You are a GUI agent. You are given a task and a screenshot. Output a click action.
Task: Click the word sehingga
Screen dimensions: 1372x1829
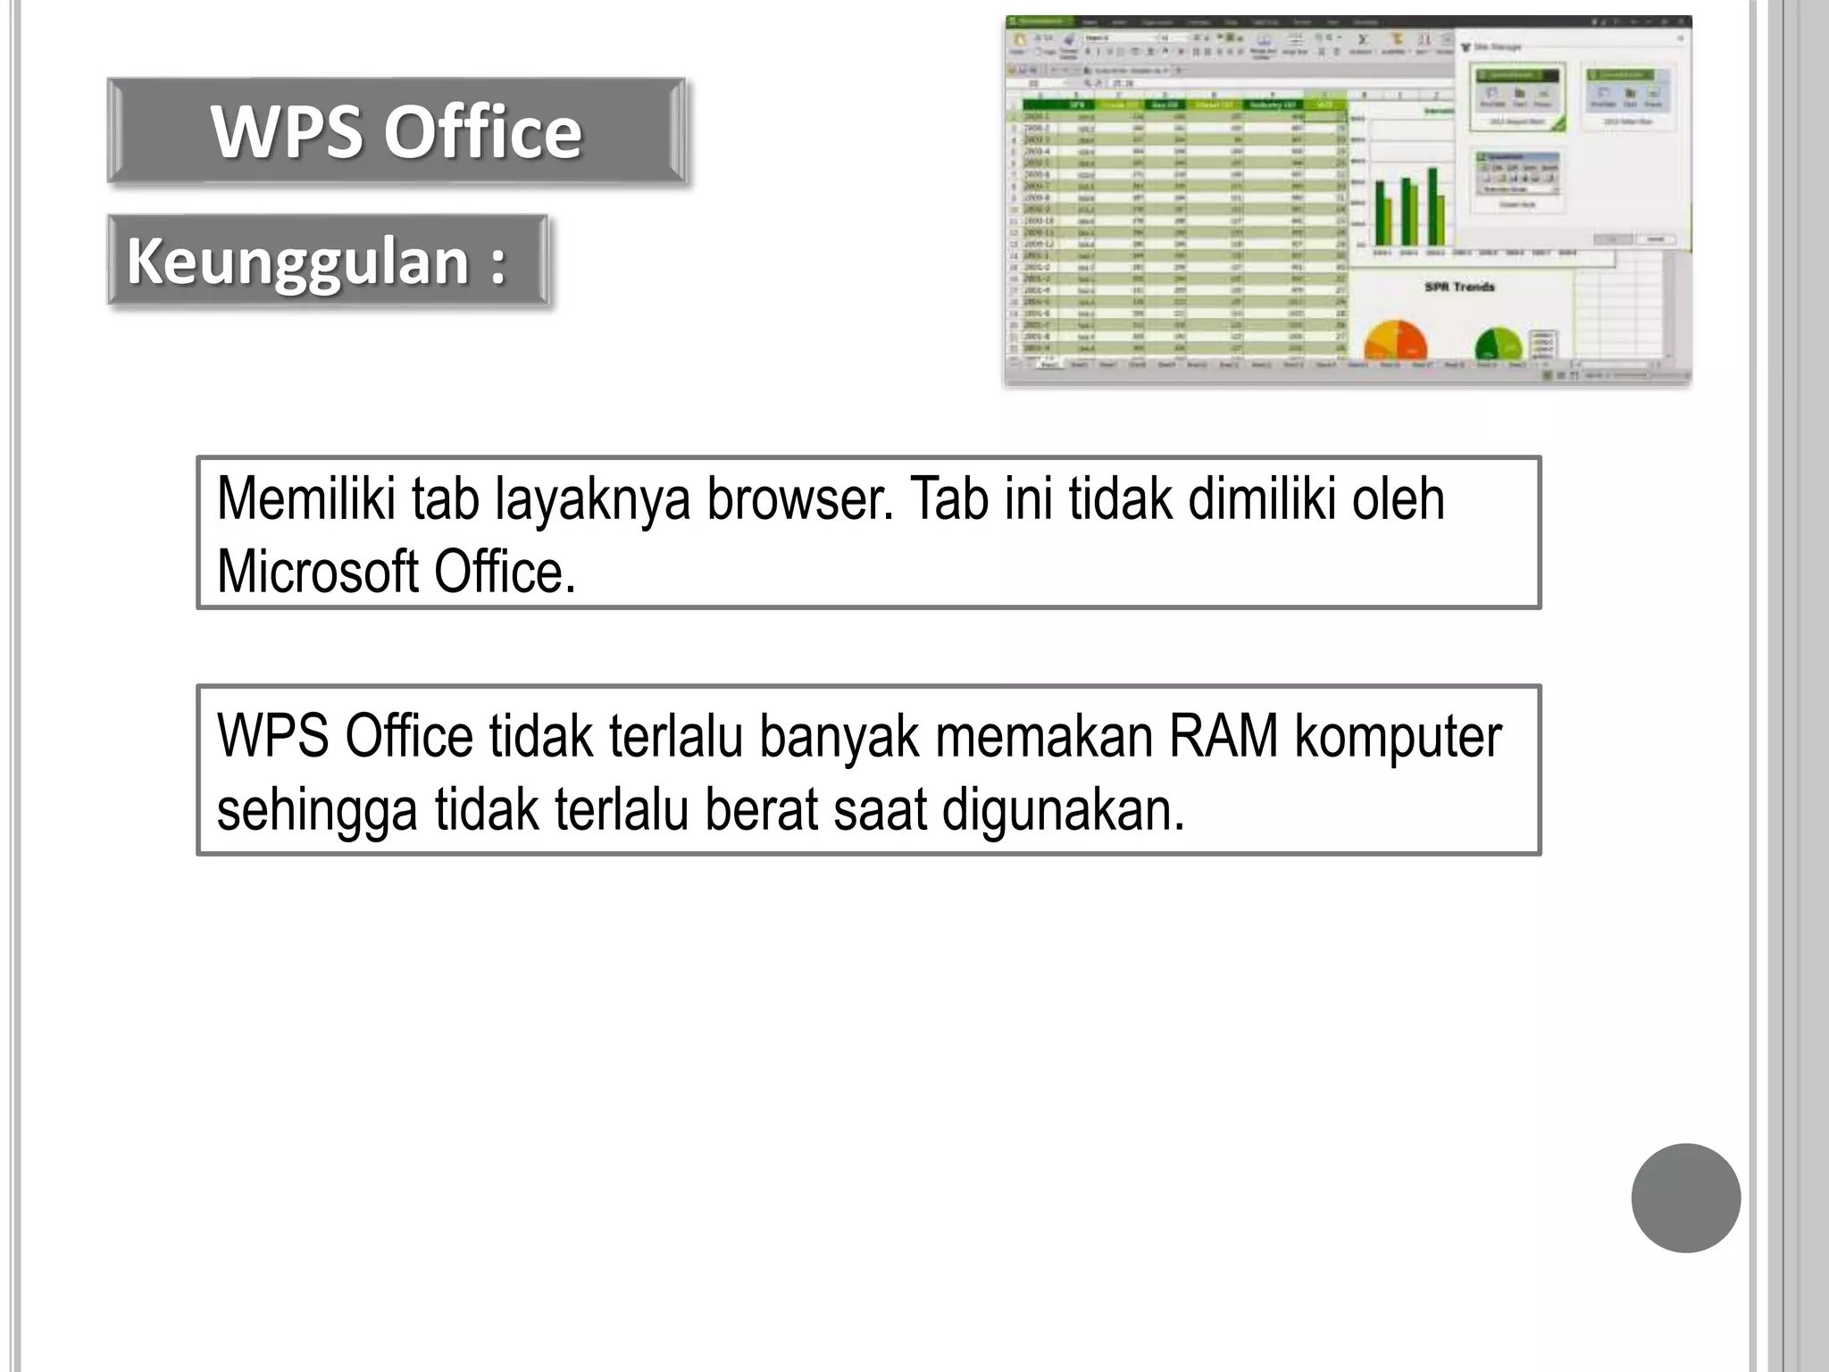click(x=317, y=810)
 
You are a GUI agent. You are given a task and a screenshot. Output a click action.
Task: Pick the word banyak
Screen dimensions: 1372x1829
click(x=839, y=737)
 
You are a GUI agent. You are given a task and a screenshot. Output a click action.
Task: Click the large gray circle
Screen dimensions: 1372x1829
click(x=1685, y=1198)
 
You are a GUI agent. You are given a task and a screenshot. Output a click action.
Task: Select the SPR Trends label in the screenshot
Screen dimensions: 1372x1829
click(x=1458, y=287)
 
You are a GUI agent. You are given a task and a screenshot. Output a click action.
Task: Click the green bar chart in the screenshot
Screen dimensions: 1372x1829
click(x=1410, y=207)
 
